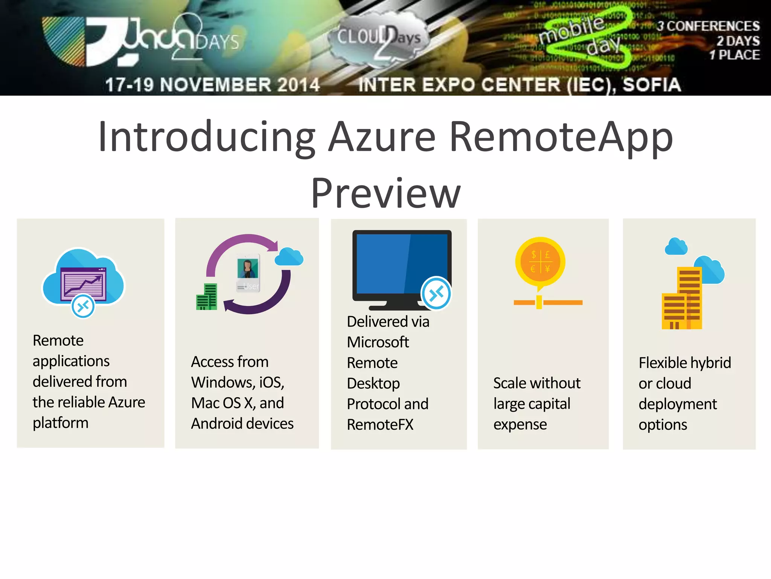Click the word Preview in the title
385,194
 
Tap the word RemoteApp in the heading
561,138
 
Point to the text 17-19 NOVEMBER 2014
212,84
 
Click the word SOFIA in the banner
652,84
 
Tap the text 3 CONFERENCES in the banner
708,26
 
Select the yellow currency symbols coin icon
540,261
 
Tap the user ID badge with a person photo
248,274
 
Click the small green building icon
207,297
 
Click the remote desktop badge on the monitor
436,294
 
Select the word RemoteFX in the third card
380,424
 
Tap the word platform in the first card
61,423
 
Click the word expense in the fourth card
520,425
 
